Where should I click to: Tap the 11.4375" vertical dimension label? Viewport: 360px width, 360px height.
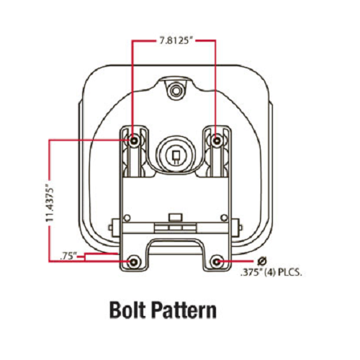[50, 202]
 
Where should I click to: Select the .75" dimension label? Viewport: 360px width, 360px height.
[67, 256]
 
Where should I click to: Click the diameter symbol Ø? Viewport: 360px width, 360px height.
[262, 261]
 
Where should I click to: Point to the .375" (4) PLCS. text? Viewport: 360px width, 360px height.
[271, 274]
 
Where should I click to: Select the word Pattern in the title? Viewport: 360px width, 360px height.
[184, 311]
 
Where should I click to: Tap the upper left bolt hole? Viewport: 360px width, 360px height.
[134, 140]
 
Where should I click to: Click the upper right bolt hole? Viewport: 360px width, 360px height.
[217, 140]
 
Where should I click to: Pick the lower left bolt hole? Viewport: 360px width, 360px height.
[134, 261]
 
